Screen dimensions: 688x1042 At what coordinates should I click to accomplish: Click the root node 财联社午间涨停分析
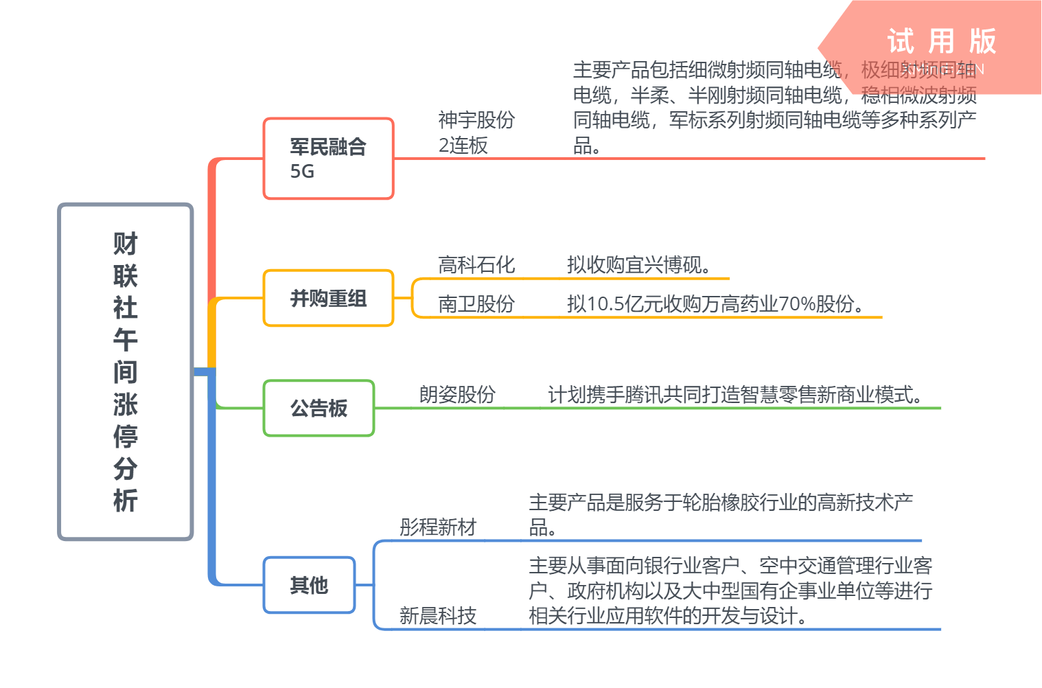coord(126,371)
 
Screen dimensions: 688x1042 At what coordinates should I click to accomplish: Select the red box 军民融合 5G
coord(328,159)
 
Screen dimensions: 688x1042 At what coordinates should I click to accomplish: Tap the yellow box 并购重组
coord(328,298)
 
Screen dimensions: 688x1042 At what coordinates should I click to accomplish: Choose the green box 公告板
coord(319,408)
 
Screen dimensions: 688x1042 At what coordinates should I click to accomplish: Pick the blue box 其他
coord(309,585)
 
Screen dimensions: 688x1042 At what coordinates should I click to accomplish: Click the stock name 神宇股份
coord(476,119)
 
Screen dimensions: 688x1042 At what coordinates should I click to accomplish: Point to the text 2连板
coord(463,146)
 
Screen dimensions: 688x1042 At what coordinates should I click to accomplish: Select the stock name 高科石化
coord(476,264)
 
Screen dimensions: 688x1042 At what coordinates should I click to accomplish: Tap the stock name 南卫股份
coord(476,303)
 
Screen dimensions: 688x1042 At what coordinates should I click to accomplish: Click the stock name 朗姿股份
coord(457,394)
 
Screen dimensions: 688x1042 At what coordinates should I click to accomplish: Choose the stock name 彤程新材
coord(438,527)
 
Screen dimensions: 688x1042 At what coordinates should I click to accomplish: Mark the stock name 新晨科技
coord(438,615)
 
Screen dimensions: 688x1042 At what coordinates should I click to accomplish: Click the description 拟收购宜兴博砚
coord(639,264)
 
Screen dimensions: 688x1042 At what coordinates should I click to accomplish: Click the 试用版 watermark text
coord(941,41)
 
